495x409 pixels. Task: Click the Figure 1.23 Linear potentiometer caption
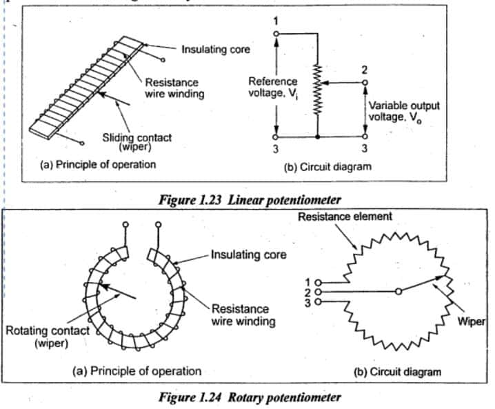pos(250,200)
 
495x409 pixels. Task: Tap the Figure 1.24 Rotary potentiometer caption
pos(250,397)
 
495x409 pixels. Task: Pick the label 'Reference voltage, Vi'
pos(272,88)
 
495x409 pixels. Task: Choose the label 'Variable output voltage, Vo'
pos(403,112)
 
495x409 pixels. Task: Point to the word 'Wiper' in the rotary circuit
pos(474,321)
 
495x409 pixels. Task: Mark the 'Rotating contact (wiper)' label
pos(48,336)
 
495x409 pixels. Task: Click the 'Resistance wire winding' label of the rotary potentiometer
pos(241,315)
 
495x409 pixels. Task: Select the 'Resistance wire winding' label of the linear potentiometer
pos(174,88)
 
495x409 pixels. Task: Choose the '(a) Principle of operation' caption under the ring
pos(137,371)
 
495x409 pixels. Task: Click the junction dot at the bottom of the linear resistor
pos(317,137)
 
